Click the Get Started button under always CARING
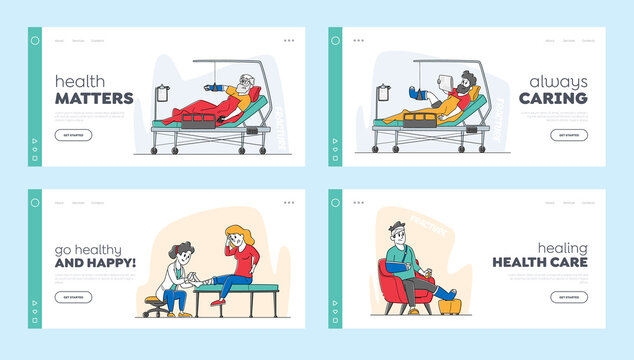[568, 135]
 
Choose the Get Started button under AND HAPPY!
[73, 297]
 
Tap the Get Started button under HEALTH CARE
[568, 297]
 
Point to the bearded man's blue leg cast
[413, 93]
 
